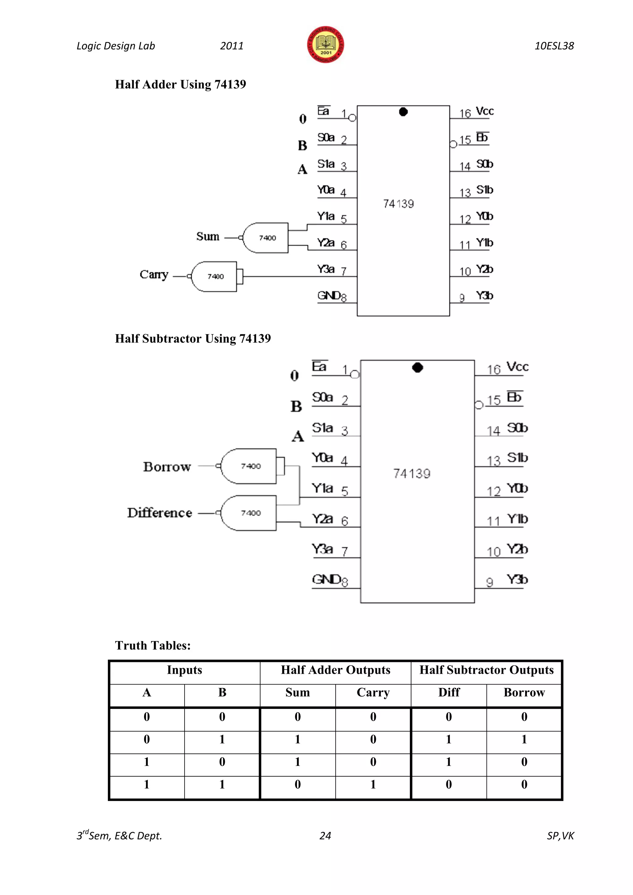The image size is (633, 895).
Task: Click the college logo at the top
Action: pos(325,45)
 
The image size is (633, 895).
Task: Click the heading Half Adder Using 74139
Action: pos(181,85)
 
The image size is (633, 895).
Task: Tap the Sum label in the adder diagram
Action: pos(208,237)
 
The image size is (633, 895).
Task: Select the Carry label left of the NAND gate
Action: pos(154,275)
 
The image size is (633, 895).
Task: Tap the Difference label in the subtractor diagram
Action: pos(160,513)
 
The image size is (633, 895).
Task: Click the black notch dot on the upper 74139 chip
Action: pos(403,112)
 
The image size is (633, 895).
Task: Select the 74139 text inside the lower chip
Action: pos(412,474)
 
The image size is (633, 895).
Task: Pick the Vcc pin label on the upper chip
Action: pos(485,112)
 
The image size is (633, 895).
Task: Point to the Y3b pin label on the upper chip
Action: pos(485,296)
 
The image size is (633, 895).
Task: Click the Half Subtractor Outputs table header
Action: pos(486,670)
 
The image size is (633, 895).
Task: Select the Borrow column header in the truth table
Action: pos(524,693)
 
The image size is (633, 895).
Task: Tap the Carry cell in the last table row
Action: pos(373,785)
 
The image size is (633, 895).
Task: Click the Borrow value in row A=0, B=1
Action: pos(524,740)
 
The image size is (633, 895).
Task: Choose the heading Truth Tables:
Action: pos(153,646)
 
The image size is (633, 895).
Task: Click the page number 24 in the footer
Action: pos(325,836)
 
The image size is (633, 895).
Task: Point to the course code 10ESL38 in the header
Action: pos(554,46)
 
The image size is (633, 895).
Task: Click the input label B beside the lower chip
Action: pos(296,407)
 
